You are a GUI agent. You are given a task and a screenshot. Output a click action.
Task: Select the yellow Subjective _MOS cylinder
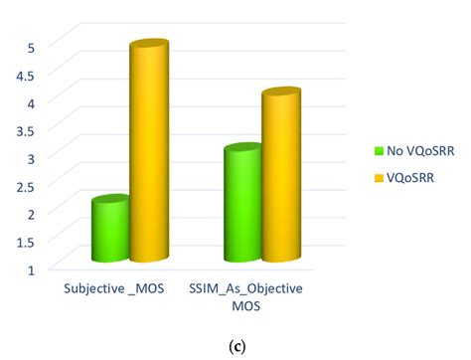pyautogui.click(x=148, y=154)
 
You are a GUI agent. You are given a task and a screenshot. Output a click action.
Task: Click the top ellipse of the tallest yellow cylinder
pyautogui.click(x=148, y=48)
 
